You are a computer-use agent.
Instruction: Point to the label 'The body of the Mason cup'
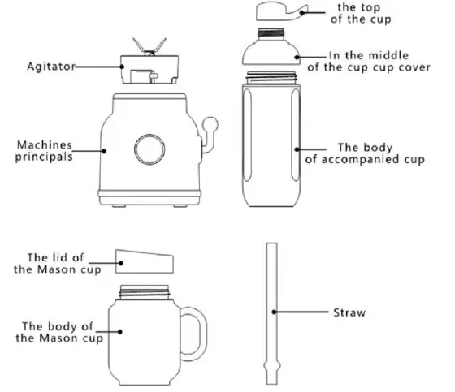pos(62,331)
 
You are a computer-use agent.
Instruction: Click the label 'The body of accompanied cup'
pos(369,154)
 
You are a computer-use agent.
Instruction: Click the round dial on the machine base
pos(150,149)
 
